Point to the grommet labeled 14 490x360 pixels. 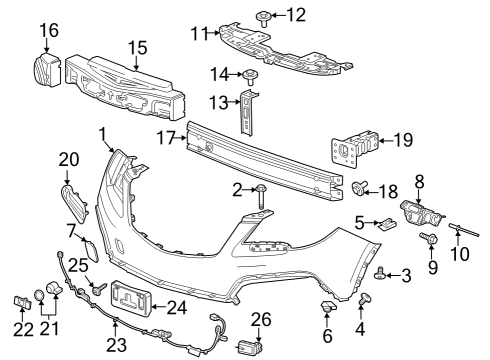(249, 75)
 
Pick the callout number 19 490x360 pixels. (403, 140)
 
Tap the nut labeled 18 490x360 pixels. (361, 187)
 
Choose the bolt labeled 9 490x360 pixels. (432, 240)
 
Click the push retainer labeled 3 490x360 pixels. (381, 271)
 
